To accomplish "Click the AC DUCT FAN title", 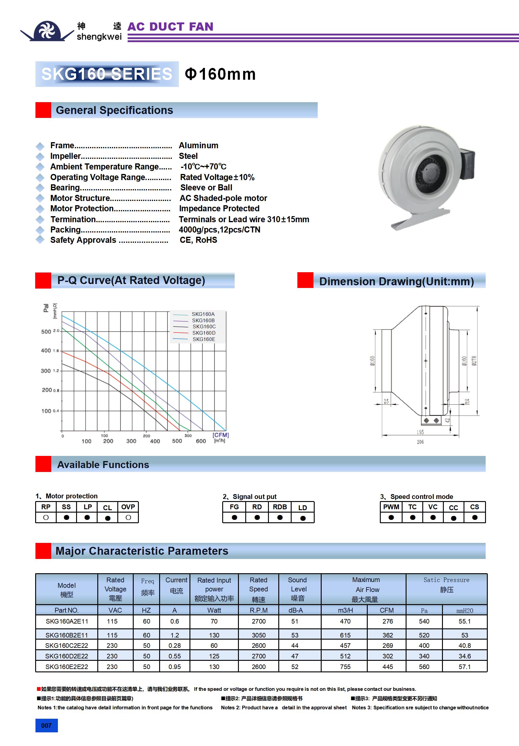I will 170,27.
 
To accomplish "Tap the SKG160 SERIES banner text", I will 107,74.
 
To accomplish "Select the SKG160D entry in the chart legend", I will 203,333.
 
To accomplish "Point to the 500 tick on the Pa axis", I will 46,332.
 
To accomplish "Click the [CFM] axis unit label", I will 220,435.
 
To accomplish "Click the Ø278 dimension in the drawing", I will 474,361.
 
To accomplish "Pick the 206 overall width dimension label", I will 420,442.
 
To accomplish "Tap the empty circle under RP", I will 46,517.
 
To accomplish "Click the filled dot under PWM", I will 391,517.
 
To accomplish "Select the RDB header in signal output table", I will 280,507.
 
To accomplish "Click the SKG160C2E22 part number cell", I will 67,646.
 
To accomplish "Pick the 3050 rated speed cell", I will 259,635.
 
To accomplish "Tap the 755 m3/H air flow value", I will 345,667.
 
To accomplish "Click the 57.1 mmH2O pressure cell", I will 464,667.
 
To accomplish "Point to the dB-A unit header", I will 295,611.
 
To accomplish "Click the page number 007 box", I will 46,725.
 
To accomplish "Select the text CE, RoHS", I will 198,240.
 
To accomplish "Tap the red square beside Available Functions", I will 43,464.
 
